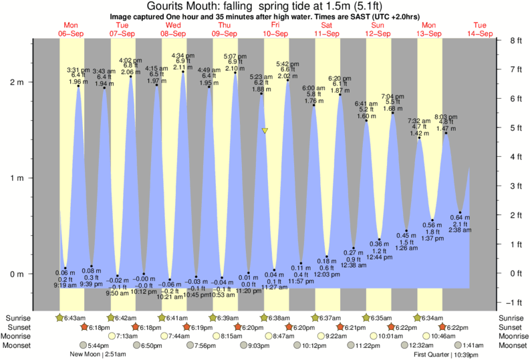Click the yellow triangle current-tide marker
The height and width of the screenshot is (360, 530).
coord(265,131)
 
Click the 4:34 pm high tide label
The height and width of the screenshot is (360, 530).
coord(183,55)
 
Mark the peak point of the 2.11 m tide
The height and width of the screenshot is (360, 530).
coord(183,72)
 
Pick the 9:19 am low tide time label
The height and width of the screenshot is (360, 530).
coord(65,286)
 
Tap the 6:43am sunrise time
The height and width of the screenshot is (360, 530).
coord(74,318)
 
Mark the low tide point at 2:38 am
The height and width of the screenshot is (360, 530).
coord(460,213)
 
